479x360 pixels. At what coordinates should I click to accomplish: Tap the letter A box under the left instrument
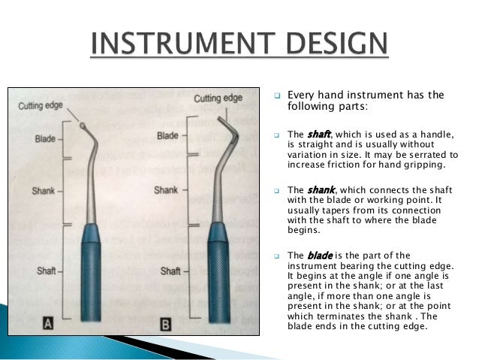(47, 324)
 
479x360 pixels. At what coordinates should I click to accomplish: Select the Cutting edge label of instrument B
(218, 98)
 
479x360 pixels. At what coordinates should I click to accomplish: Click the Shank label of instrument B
(166, 190)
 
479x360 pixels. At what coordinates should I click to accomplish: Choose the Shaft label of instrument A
(47, 269)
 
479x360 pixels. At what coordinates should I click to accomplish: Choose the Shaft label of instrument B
(170, 271)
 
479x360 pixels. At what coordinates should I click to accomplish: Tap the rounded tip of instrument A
(81, 126)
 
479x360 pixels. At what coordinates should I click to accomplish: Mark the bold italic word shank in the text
(315, 190)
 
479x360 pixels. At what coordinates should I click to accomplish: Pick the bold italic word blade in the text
(314, 255)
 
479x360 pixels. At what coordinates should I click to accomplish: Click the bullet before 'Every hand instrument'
(276, 96)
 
